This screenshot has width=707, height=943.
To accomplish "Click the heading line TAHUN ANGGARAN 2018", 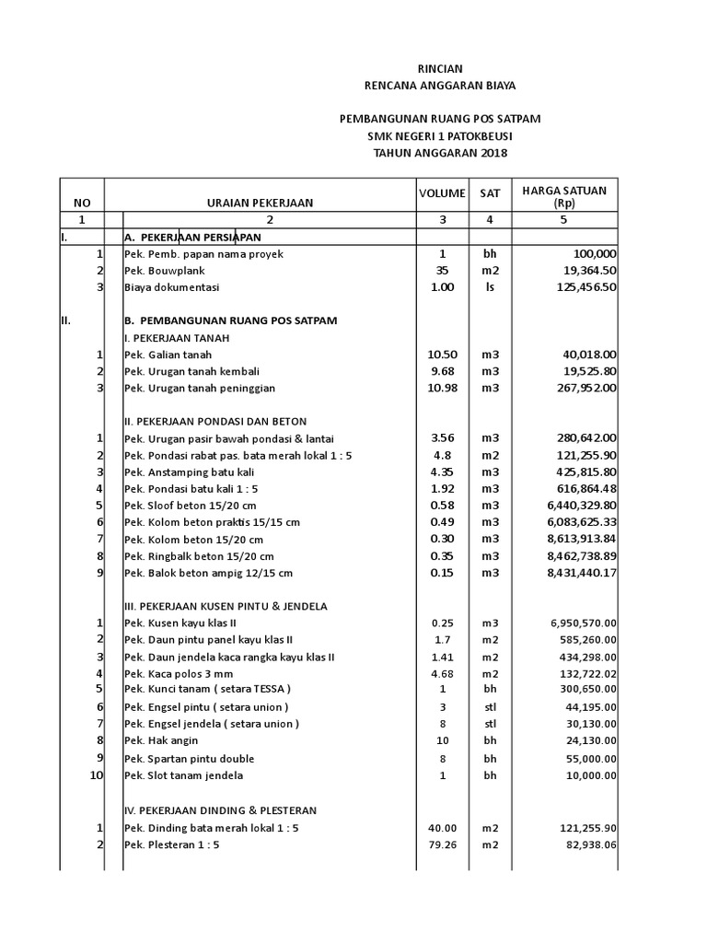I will tap(439, 153).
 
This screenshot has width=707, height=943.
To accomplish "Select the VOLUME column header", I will tap(442, 193).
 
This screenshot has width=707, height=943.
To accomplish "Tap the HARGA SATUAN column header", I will tap(564, 196).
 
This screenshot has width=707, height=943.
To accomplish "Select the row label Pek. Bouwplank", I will tap(164, 271).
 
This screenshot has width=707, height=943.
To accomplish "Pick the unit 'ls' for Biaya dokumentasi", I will tap(489, 287).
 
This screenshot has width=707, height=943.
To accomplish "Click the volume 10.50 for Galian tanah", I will tap(442, 355).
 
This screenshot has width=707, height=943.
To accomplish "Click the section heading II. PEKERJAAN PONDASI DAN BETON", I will tap(215, 421).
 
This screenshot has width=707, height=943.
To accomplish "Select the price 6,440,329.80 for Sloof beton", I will tap(570, 505).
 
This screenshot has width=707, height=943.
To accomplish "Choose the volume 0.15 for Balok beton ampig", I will tap(442, 572).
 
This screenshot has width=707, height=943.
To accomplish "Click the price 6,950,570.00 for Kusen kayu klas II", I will tap(574, 623).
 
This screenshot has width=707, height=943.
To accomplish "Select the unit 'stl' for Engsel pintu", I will tap(489, 707).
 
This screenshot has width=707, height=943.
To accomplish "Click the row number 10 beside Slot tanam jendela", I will tap(97, 775).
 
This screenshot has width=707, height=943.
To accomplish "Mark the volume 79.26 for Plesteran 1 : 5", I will tap(442, 845).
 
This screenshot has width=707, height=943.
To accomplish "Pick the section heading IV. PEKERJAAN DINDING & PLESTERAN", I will tap(220, 810).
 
